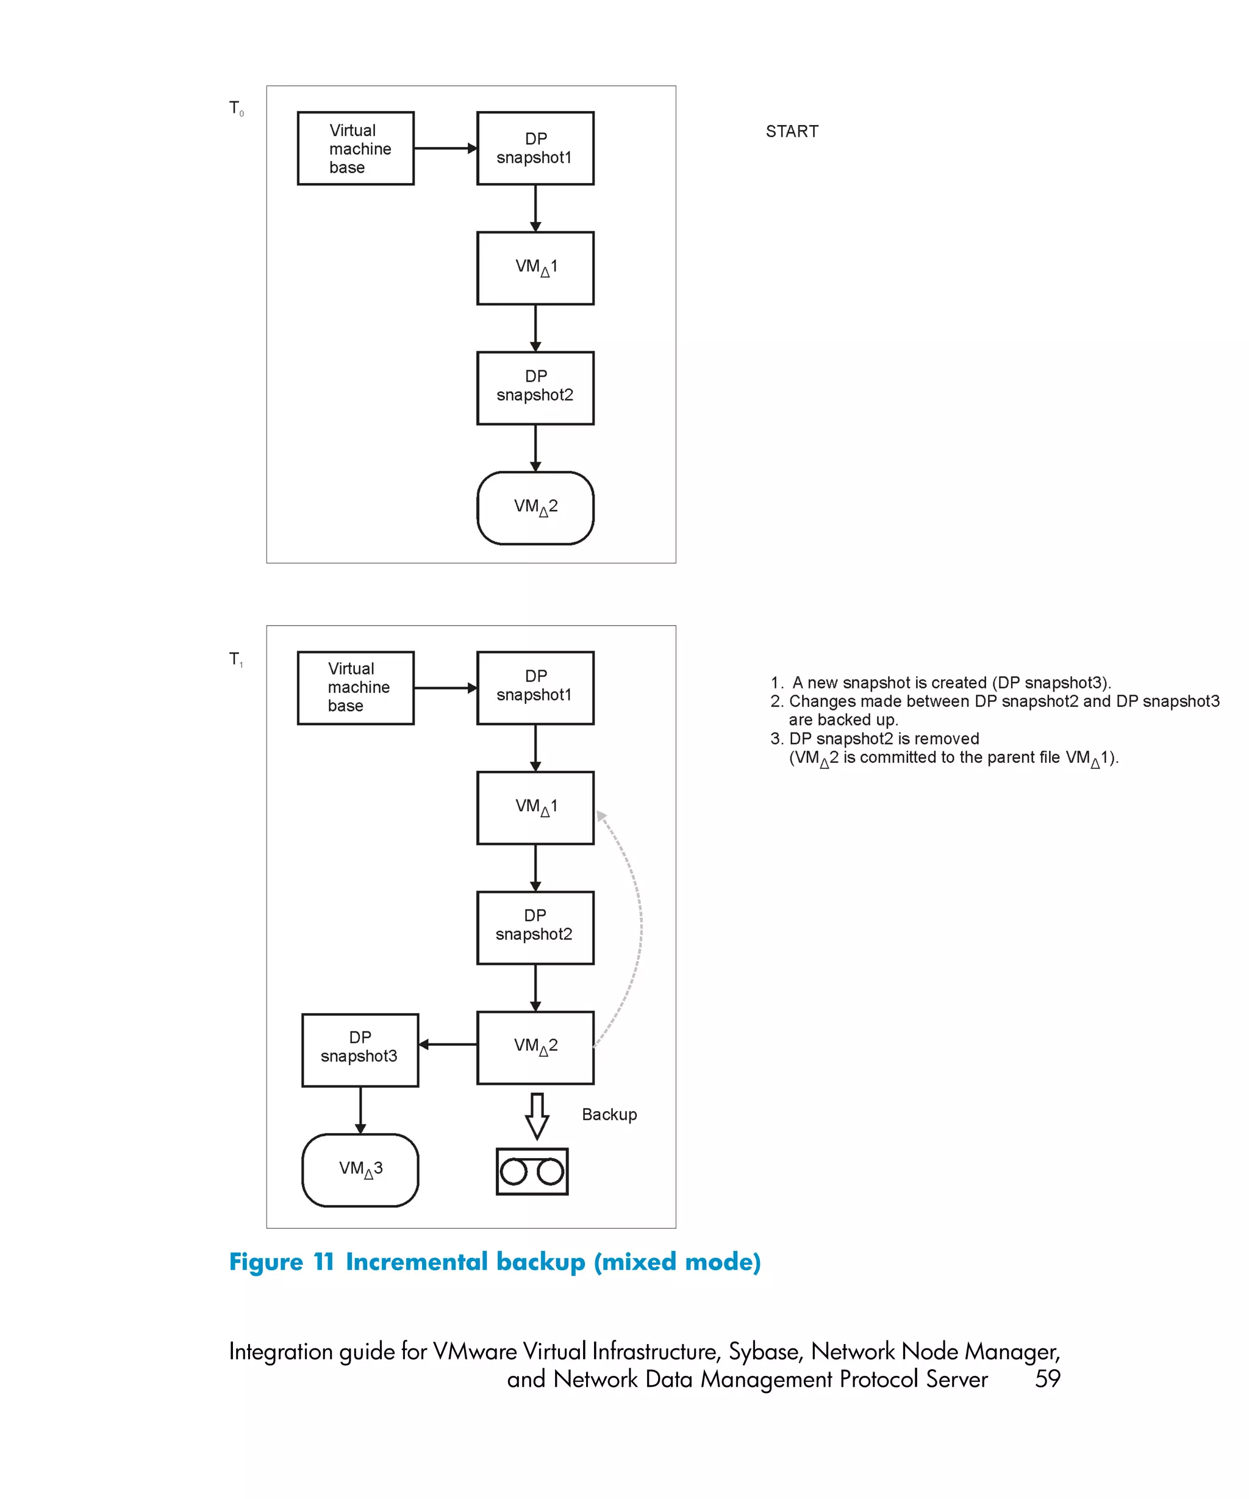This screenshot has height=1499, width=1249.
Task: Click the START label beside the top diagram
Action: pyautogui.click(x=792, y=131)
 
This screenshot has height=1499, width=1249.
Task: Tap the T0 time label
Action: pyautogui.click(x=235, y=109)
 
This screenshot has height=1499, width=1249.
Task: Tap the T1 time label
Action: pyautogui.click(x=235, y=660)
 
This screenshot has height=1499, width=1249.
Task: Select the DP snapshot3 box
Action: pyautogui.click(x=360, y=1050)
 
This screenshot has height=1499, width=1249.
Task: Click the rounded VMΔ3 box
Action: pyautogui.click(x=360, y=1169)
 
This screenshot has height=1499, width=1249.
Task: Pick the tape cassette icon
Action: pyautogui.click(x=532, y=1172)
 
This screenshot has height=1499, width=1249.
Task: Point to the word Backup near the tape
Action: pyautogui.click(x=609, y=1114)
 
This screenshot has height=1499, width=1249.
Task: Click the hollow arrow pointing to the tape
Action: pyautogui.click(x=537, y=1115)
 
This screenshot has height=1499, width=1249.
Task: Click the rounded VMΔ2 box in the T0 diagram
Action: pyautogui.click(x=535, y=507)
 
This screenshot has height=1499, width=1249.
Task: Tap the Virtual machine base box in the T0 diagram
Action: pyautogui.click(x=356, y=148)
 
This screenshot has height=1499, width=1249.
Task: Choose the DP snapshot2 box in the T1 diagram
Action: pyautogui.click(x=535, y=926)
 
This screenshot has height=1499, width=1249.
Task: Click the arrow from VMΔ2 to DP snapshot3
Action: pyautogui.click(x=448, y=1044)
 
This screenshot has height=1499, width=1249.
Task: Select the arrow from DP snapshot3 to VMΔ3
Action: pyautogui.click(x=360, y=1109)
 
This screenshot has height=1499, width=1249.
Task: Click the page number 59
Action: pyautogui.click(x=1047, y=1378)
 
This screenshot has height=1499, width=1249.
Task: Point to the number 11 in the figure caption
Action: pyautogui.click(x=324, y=1261)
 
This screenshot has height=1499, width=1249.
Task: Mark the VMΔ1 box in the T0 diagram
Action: pyautogui.click(x=535, y=268)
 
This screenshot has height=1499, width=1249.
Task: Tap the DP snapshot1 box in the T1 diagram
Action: pyautogui.click(x=535, y=687)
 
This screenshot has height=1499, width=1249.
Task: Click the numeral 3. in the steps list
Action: pyautogui.click(x=776, y=739)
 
